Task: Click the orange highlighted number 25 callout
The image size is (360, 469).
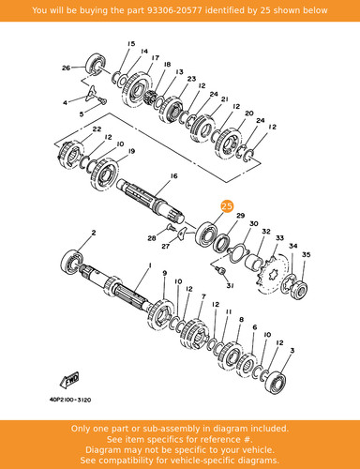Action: [227, 206]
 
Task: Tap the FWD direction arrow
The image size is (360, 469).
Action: [69, 380]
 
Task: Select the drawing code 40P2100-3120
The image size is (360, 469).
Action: [70, 400]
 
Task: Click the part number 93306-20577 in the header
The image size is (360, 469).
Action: [174, 10]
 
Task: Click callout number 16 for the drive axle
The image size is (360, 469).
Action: [173, 176]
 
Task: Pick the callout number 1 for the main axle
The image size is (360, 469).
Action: [150, 265]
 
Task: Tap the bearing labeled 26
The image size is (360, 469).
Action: [96, 65]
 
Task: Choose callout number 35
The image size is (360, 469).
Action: [307, 255]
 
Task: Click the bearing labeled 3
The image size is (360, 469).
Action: [276, 381]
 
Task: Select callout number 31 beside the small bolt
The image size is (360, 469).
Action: [230, 286]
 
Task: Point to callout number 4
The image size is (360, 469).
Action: [65, 102]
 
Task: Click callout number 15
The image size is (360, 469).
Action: [131, 44]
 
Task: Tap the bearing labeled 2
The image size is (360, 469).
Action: [72, 262]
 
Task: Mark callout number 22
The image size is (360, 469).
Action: [97, 129]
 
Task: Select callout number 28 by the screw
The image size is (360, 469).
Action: [152, 238]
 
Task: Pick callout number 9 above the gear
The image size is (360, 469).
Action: [165, 273]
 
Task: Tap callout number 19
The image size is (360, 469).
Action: [131, 151]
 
